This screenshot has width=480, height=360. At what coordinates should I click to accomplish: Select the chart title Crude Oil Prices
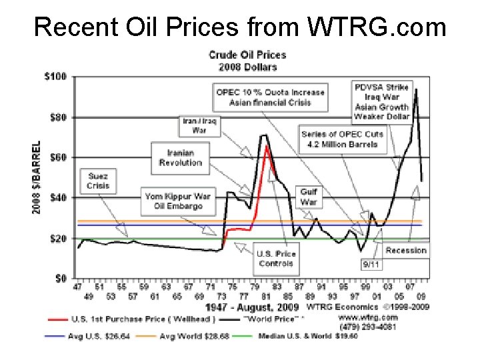247,61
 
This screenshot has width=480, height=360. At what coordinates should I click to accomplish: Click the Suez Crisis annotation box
98,181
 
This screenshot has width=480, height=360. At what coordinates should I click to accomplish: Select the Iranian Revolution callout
180,158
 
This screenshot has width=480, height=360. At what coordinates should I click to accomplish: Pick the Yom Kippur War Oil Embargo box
177,201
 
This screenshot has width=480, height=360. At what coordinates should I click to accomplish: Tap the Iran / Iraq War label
200,126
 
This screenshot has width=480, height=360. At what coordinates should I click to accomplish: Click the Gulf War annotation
308,197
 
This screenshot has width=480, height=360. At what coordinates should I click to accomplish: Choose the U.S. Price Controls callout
277,258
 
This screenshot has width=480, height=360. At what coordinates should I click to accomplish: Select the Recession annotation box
406,251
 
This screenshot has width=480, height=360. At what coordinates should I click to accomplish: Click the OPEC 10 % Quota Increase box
270,97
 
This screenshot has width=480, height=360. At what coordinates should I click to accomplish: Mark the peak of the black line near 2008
416,89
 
